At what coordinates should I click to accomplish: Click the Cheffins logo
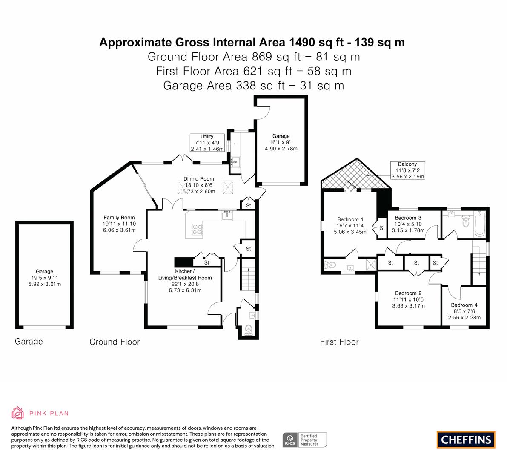pyautogui.click(x=466, y=440)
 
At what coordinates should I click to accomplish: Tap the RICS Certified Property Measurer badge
pyautogui.click(x=305, y=440)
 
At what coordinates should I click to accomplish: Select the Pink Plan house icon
pyautogui.click(x=17, y=413)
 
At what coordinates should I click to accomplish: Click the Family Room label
pyautogui.click(x=119, y=217)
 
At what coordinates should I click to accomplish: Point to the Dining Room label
pyautogui.click(x=198, y=179)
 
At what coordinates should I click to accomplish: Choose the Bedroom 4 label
pyautogui.click(x=464, y=305)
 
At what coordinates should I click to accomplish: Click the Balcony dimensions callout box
pyautogui.click(x=407, y=170)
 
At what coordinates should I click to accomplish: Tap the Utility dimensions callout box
pyautogui.click(x=207, y=143)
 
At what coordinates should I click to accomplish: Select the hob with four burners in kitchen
pyautogui.click(x=197, y=229)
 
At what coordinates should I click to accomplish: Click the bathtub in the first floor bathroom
pyautogui.click(x=479, y=223)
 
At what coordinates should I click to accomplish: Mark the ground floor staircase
pyautogui.click(x=248, y=274)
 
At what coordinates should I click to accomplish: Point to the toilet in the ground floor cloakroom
pyautogui.click(x=249, y=329)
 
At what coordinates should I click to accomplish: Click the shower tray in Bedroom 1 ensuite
pyautogui.click(x=371, y=264)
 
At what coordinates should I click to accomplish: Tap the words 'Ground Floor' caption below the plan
pyautogui.click(x=115, y=342)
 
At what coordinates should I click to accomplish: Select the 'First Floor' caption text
pyautogui.click(x=339, y=342)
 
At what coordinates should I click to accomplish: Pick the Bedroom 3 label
pyautogui.click(x=408, y=218)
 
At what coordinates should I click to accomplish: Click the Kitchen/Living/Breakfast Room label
pyautogui.click(x=185, y=274)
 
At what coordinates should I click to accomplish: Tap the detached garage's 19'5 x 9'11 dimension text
pyautogui.click(x=45, y=278)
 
